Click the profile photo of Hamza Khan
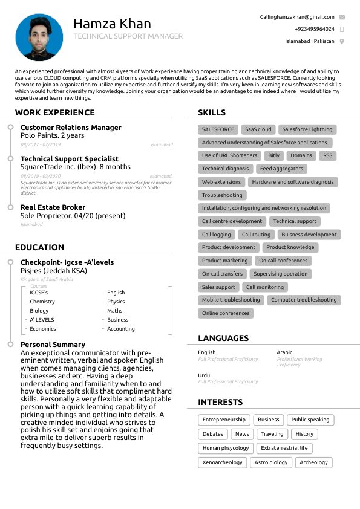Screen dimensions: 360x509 [x=39, y=38]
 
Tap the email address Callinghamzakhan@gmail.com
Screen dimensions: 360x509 [x=297, y=17]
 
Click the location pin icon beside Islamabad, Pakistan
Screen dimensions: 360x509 [x=342, y=41]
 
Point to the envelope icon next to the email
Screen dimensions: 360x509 [x=342, y=17]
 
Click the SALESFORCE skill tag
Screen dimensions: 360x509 [x=218, y=129]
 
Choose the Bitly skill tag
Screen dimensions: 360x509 [x=274, y=155]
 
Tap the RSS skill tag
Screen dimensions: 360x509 [x=327, y=155]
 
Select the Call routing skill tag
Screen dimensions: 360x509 [x=256, y=235]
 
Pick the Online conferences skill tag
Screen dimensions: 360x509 [x=226, y=313]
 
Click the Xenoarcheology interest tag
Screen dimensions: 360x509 [x=222, y=462]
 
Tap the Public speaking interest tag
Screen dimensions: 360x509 [x=310, y=420]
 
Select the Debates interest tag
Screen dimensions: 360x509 [x=213, y=434]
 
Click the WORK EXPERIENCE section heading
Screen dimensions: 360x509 [x=55, y=112]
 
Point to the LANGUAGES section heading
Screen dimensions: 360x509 [x=223, y=338]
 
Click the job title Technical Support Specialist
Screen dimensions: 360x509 [x=61, y=158]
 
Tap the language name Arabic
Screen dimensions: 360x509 [x=284, y=352]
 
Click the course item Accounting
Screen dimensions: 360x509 [x=121, y=329]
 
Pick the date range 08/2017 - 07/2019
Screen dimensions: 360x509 [x=41, y=145]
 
